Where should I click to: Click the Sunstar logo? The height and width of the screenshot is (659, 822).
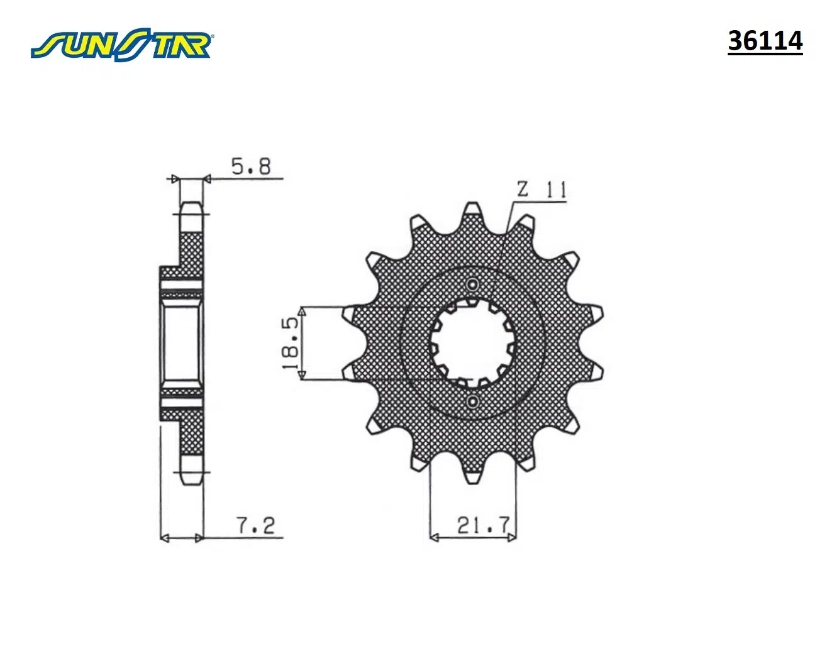coord(122,44)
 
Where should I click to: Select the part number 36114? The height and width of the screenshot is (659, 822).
coord(765,41)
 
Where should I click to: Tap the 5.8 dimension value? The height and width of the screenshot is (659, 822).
coord(251,166)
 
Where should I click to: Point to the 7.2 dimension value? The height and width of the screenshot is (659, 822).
coord(257,525)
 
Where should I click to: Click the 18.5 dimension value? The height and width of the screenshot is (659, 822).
coord(291,343)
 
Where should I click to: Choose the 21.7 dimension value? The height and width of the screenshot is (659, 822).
coord(483,525)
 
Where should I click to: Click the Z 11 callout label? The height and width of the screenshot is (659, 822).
coord(542,190)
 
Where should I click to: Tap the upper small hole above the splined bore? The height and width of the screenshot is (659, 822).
coord(472,285)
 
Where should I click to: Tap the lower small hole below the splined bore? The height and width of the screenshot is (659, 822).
coord(472,401)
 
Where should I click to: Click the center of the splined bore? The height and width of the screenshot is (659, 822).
coord(472,342)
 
